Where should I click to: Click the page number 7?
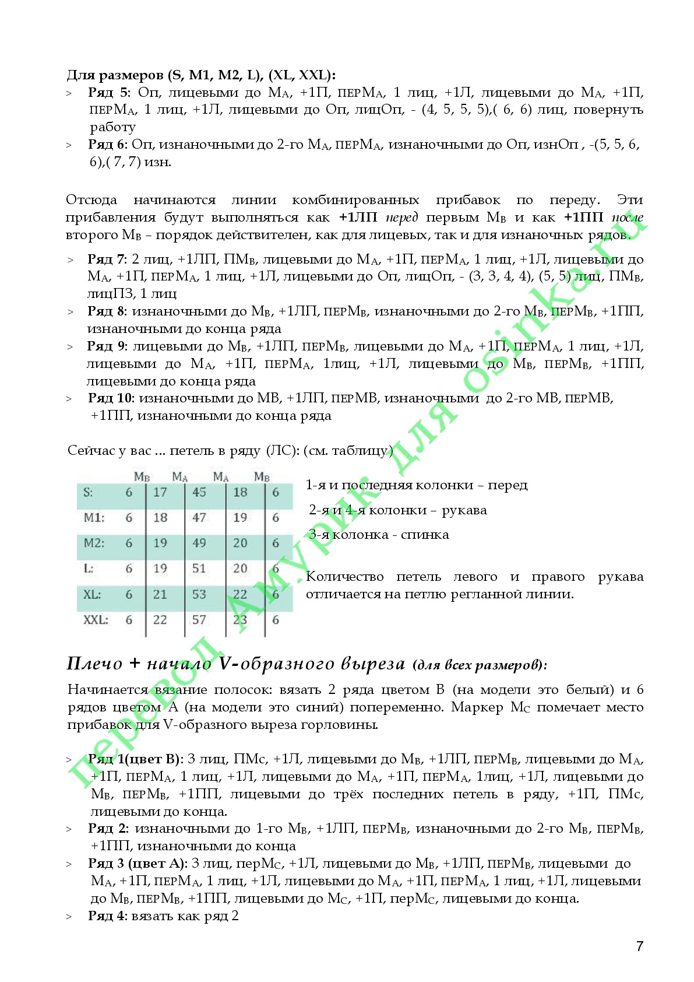tap(640, 946)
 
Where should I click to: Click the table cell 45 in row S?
tap(199, 492)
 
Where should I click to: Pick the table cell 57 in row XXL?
tap(199, 620)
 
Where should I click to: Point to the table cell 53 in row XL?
tap(199, 594)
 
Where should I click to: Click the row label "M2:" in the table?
tap(94, 543)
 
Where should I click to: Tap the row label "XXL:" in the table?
tap(96, 620)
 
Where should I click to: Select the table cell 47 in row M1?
tap(199, 517)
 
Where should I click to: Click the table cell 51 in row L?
tap(199, 569)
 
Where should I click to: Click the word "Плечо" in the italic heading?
tap(94, 664)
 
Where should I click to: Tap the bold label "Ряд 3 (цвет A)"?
tap(138, 864)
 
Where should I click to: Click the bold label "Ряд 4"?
tap(107, 916)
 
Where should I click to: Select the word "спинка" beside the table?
tap(425, 535)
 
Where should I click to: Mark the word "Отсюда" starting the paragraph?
tap(91, 200)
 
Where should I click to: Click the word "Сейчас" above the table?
tap(87, 451)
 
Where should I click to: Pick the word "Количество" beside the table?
tap(344, 577)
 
